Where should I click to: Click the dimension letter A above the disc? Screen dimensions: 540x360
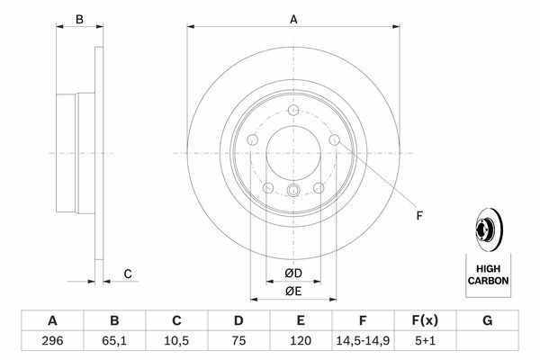tap(293, 20)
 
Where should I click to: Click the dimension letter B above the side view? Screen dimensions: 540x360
tap(79, 20)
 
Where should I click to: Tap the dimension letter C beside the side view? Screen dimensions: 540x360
tap(128, 274)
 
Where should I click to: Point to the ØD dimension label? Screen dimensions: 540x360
tap(293, 274)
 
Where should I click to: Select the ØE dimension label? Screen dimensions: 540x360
tap(293, 292)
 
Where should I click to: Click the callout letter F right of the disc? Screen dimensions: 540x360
tap(419, 216)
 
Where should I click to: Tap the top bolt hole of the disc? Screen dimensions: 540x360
tap(293, 111)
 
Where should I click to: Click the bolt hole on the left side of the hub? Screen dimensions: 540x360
tap(252, 139)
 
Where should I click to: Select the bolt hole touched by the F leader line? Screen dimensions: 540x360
tap(335, 139)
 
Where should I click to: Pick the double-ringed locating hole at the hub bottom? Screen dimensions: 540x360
tap(293, 190)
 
